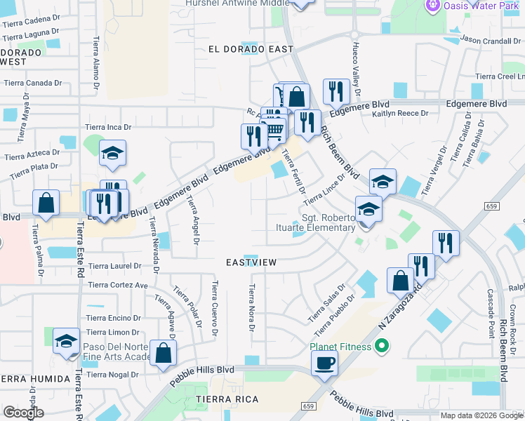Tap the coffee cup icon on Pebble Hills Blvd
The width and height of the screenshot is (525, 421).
(x=324, y=363)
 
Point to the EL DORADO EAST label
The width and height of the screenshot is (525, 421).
(x=250, y=49)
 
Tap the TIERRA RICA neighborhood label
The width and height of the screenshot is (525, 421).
(x=227, y=399)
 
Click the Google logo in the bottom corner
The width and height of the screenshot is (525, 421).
(x=23, y=413)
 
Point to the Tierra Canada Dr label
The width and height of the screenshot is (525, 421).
(x=32, y=82)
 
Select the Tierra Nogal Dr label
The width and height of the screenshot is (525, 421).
(x=114, y=374)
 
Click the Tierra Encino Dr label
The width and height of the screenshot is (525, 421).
(x=115, y=317)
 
